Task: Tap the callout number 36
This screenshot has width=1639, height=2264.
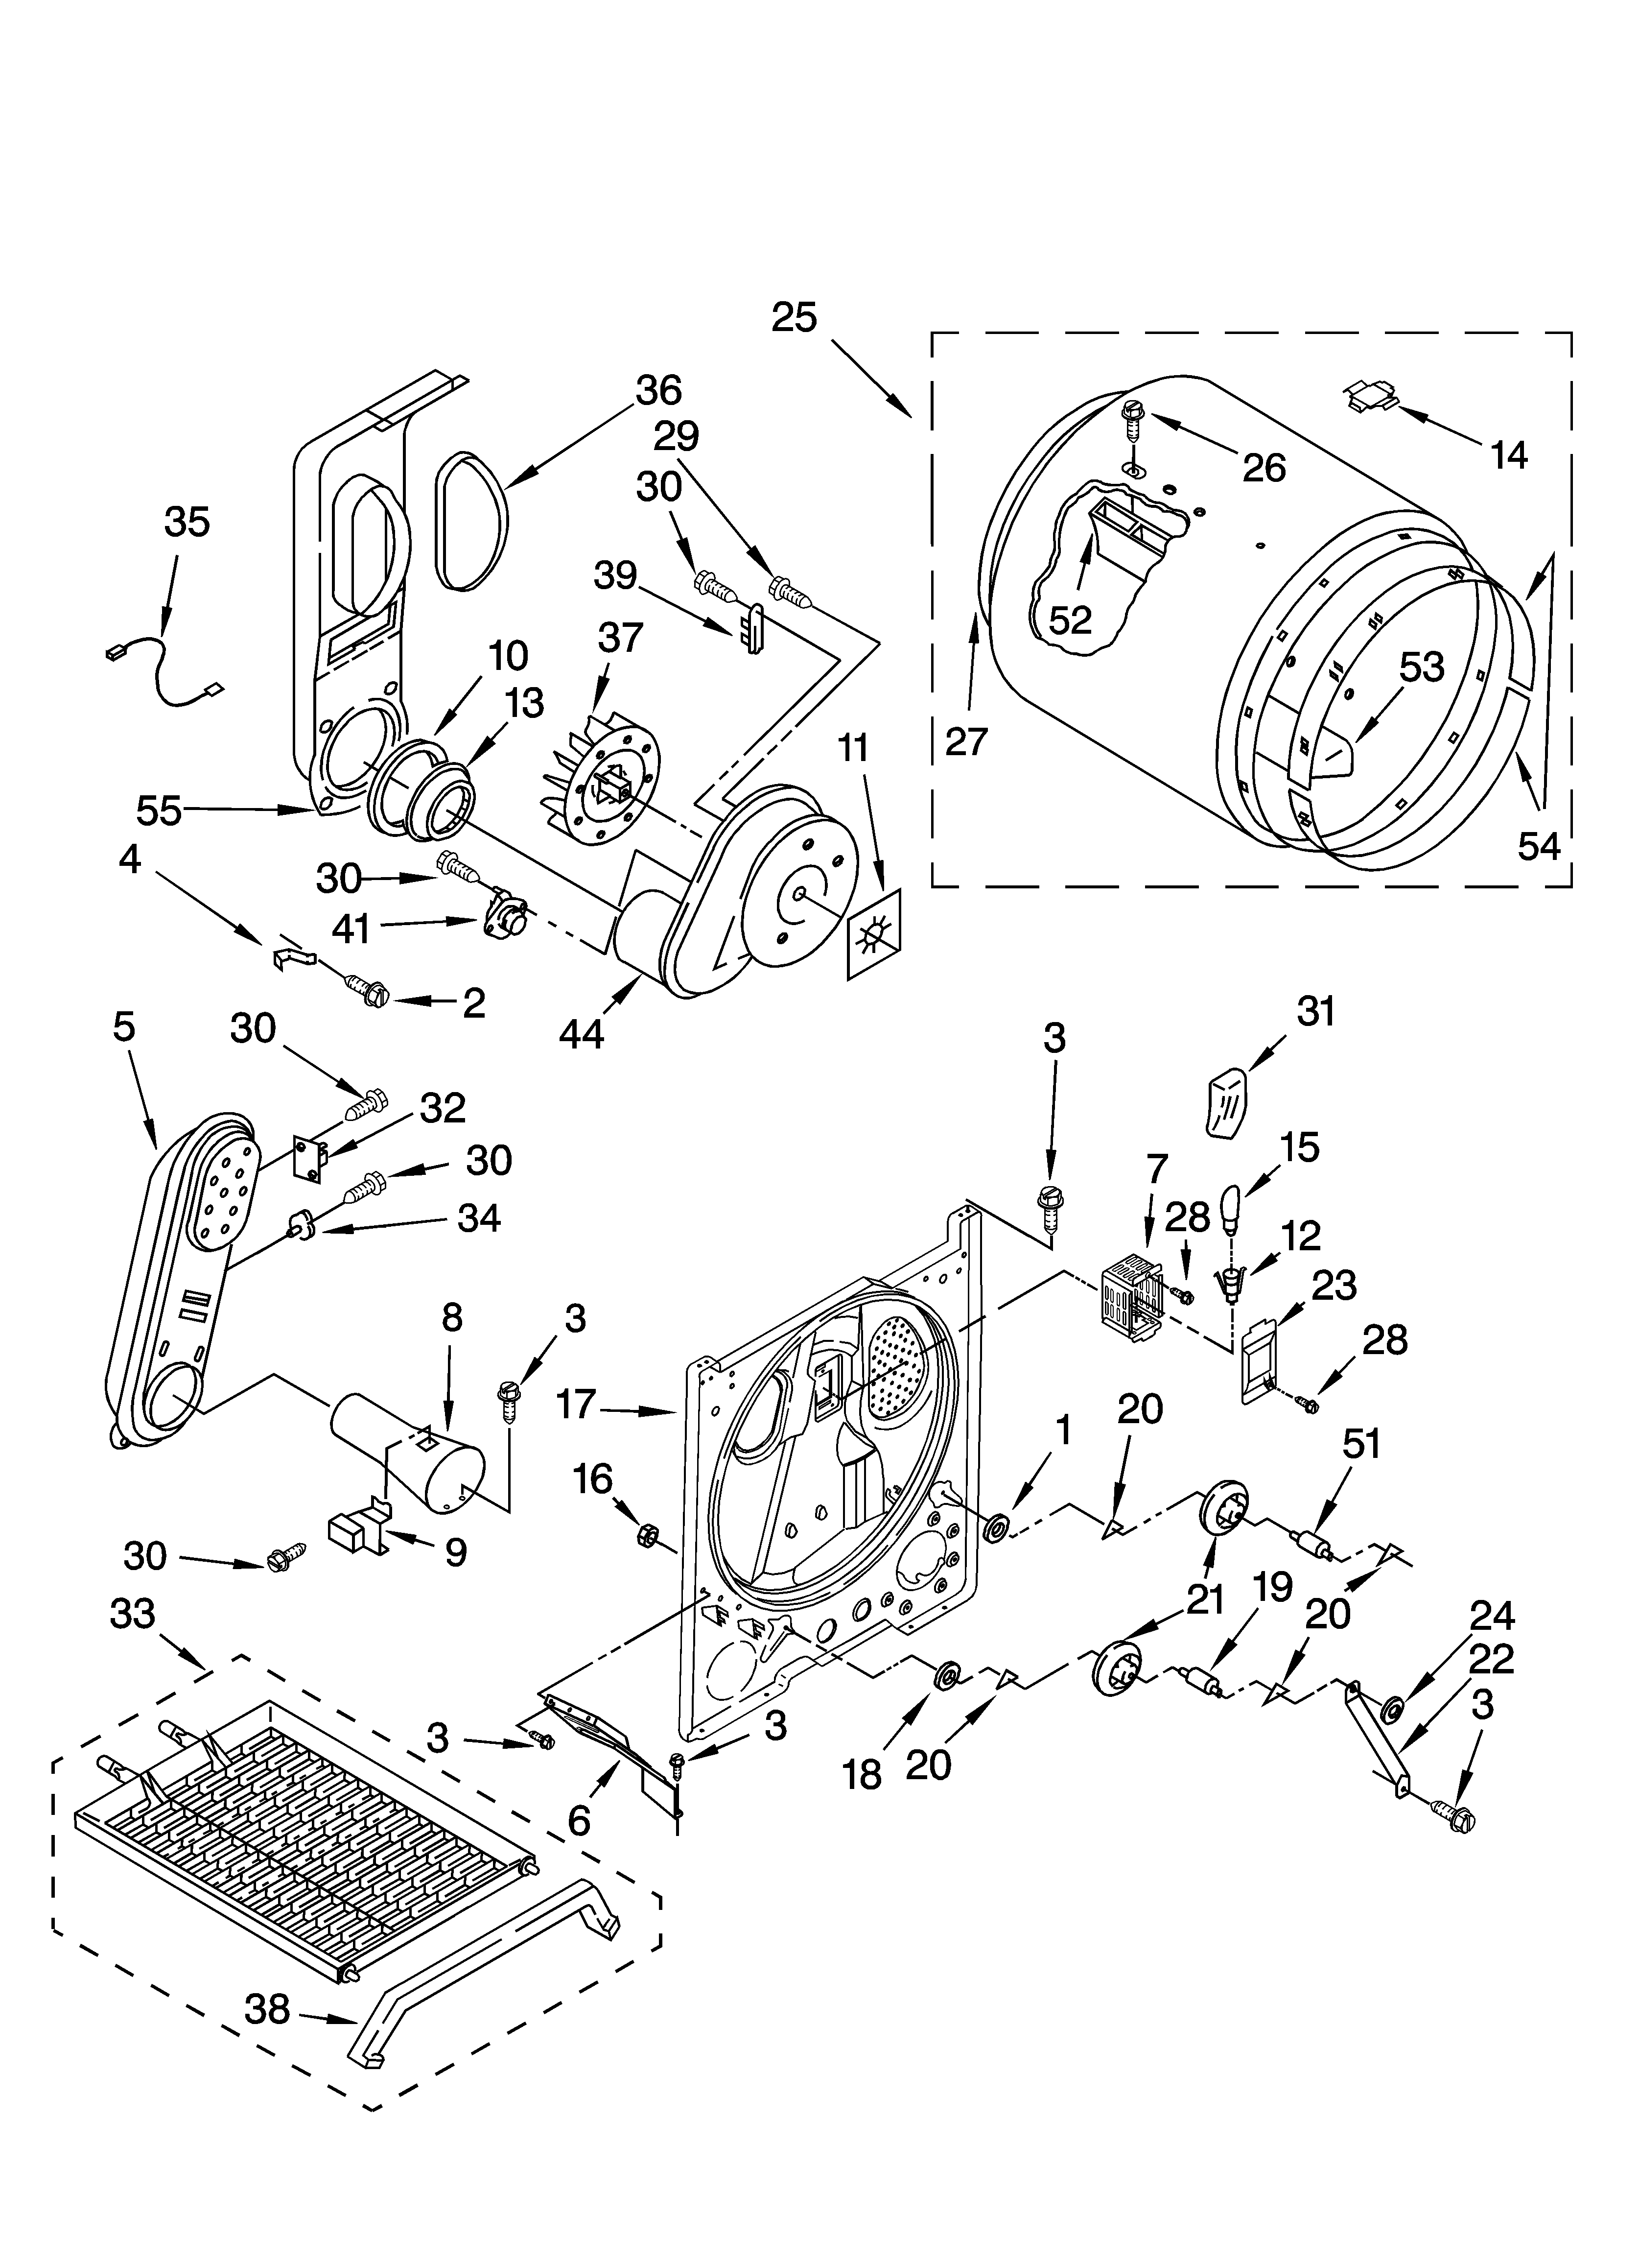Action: (658, 390)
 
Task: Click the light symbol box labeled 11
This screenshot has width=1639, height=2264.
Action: (872, 934)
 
